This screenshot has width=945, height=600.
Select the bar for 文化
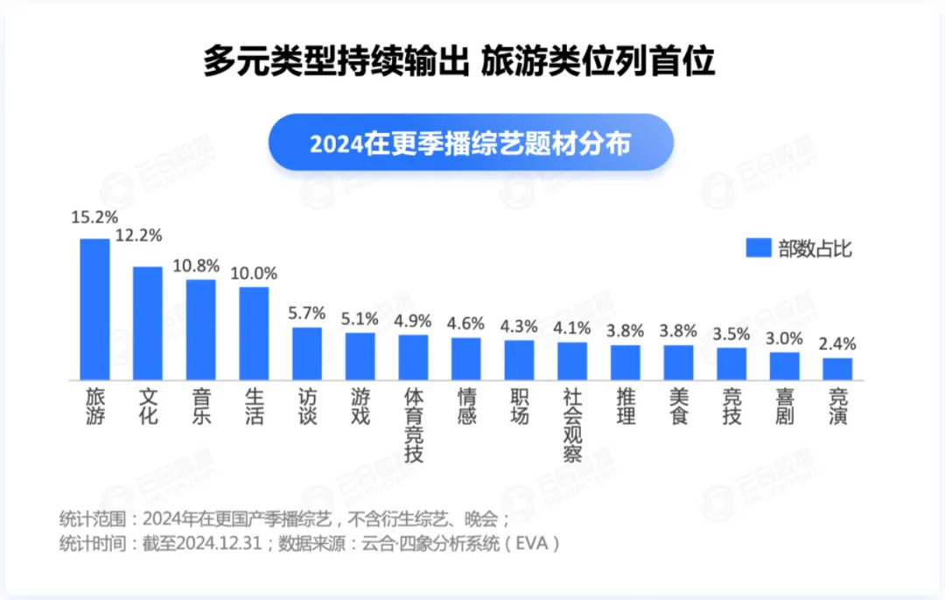pyautogui.click(x=148, y=323)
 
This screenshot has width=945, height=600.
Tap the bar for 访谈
pyautogui.click(x=307, y=354)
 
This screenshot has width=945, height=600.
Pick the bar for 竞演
pyautogui.click(x=837, y=369)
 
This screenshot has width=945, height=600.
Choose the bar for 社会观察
pyautogui.click(x=572, y=361)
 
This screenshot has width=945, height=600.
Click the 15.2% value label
pyautogui.click(x=94, y=216)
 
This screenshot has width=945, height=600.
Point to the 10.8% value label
pyautogui.click(x=200, y=264)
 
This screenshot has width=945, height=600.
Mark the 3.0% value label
pyautogui.click(x=784, y=337)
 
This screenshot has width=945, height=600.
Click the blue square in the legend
pyautogui.click(x=757, y=249)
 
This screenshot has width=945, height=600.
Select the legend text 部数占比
pyautogui.click(x=815, y=249)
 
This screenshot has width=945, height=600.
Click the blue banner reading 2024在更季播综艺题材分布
pyautogui.click(x=470, y=142)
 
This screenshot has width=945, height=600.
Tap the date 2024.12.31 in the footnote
pyautogui.click(x=221, y=543)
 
